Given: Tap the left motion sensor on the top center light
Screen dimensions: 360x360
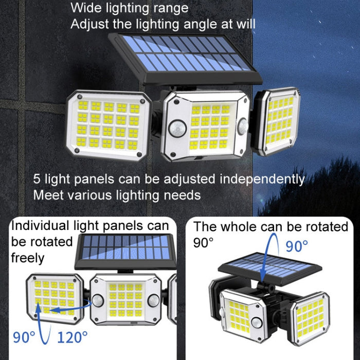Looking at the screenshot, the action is click(x=177, y=129).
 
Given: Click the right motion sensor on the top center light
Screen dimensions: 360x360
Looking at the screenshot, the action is click(x=243, y=127).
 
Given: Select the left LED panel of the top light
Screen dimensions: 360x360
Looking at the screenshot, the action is click(x=109, y=125).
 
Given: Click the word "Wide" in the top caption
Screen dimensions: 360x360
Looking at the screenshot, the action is click(x=86, y=8).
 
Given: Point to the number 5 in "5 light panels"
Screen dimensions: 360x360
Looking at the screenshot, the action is click(x=37, y=179).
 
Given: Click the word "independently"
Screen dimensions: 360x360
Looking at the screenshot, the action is click(x=262, y=179).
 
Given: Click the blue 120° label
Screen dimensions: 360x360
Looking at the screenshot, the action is click(x=73, y=337).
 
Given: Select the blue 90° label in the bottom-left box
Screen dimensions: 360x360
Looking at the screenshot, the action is click(x=24, y=337).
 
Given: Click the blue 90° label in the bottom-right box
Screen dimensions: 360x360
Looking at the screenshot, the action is click(x=297, y=246).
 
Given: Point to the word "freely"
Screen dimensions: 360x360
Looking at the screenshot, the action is click(x=28, y=258).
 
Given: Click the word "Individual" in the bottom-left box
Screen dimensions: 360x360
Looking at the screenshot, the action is click(x=40, y=225).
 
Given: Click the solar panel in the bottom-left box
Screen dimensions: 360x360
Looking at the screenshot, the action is click(x=125, y=251).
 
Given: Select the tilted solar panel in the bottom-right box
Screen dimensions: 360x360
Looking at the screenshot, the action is click(x=270, y=268).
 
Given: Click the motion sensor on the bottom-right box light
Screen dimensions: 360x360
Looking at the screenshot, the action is click(x=257, y=323).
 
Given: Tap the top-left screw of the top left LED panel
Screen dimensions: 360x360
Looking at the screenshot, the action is click(x=80, y=97).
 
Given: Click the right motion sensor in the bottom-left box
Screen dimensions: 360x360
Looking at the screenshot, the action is click(x=154, y=301).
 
